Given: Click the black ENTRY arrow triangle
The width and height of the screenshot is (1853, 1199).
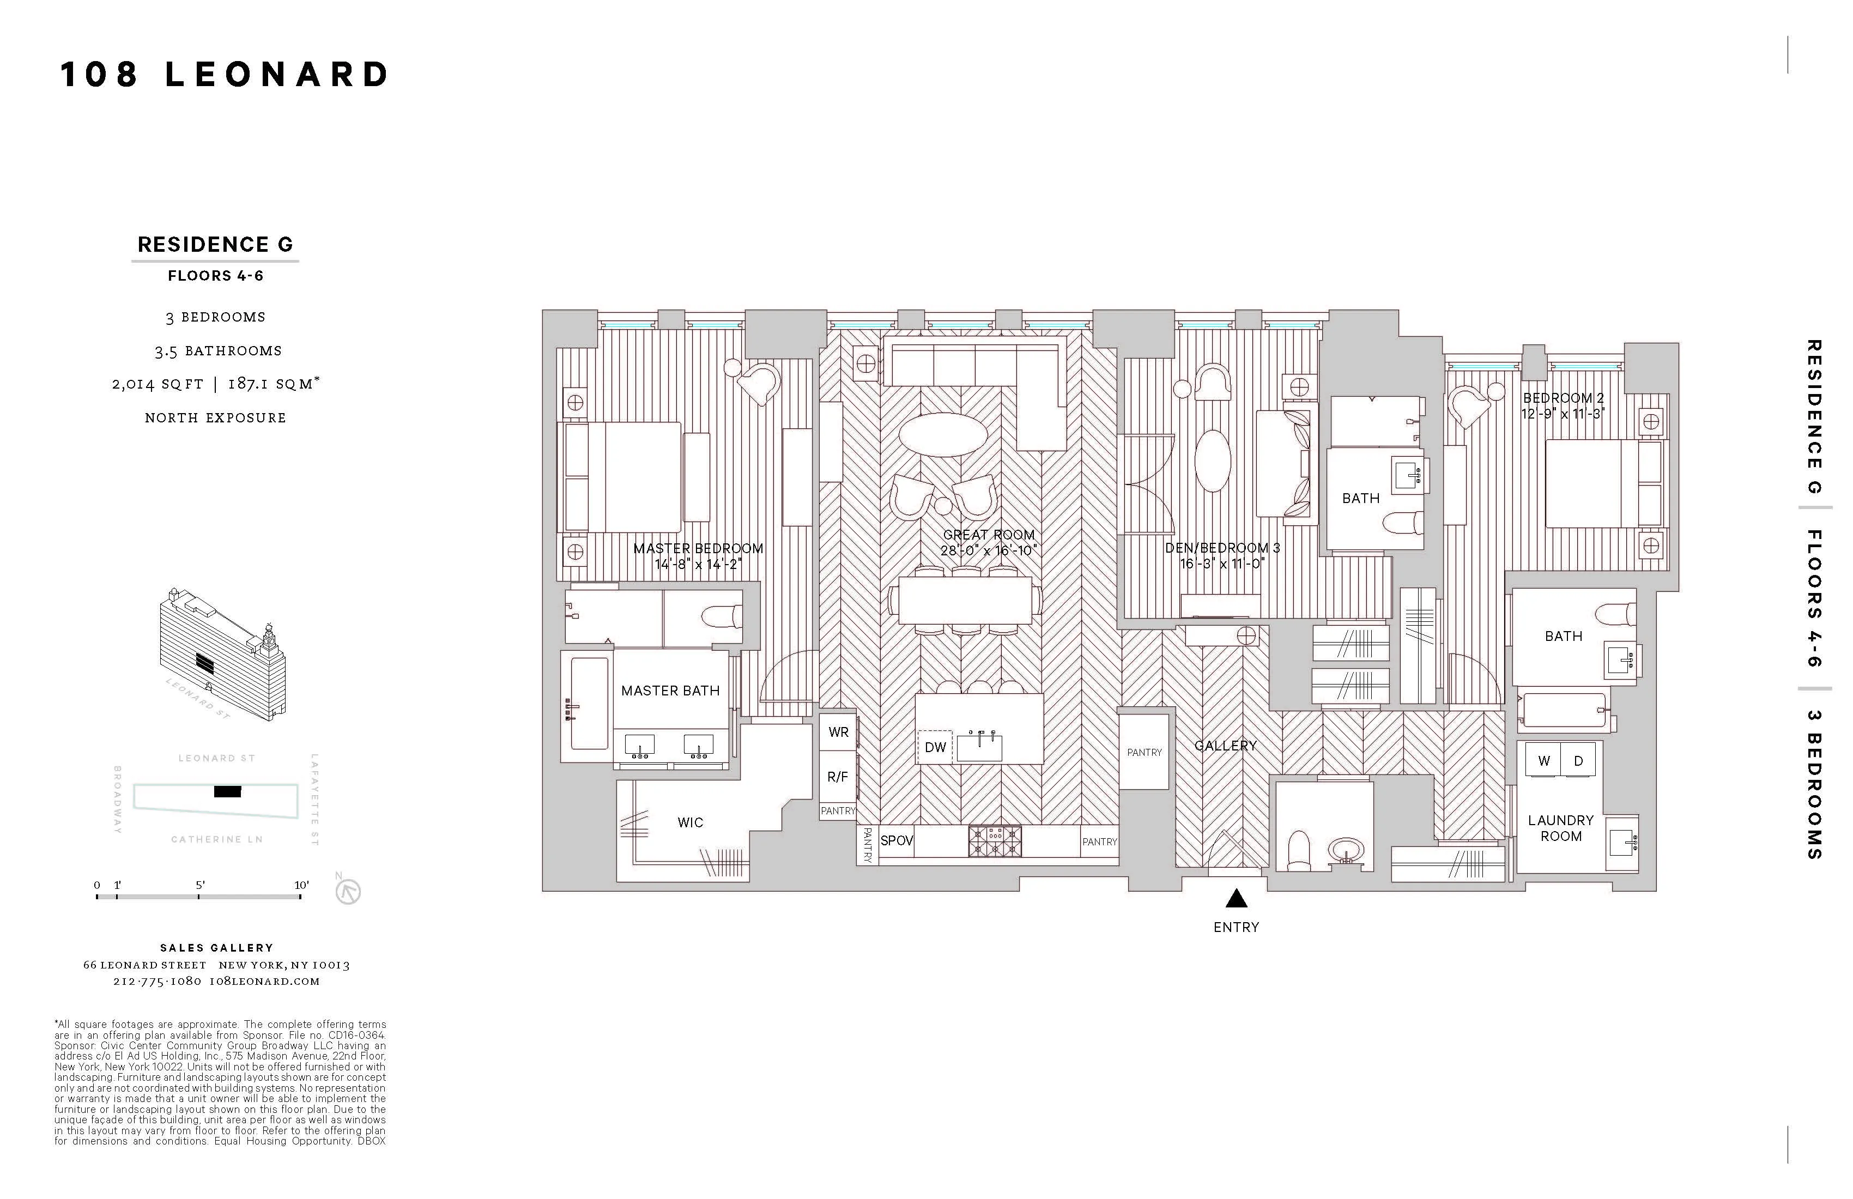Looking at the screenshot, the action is (1237, 900).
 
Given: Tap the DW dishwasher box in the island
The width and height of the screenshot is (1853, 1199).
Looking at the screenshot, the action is (935, 747).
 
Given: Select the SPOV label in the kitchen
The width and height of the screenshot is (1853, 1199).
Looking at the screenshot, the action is (896, 841).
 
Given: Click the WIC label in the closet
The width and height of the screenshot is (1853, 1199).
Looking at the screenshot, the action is (690, 822).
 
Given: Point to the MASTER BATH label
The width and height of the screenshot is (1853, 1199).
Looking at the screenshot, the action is (670, 691).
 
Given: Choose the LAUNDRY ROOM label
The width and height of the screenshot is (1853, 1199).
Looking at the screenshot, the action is (1560, 828).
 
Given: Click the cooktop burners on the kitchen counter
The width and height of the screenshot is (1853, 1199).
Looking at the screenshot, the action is (994, 841).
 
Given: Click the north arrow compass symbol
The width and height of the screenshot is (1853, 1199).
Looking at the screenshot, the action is (348, 892).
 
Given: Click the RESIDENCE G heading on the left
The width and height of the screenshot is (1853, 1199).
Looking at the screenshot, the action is (215, 245).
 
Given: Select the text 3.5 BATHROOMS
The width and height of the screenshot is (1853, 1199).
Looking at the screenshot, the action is (218, 351).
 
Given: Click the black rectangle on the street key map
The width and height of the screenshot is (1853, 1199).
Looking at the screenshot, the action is (227, 792).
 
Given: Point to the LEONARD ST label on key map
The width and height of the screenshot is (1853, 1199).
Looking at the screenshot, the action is (216, 758).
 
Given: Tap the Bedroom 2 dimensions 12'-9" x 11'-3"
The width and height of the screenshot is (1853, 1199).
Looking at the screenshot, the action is (1563, 414).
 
